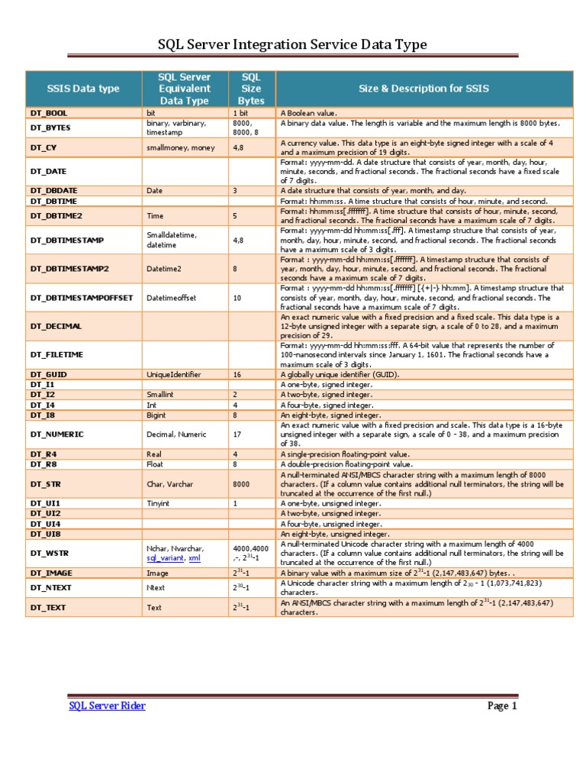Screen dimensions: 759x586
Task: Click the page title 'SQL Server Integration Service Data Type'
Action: click(x=293, y=45)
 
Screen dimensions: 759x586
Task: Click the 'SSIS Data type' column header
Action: click(x=83, y=89)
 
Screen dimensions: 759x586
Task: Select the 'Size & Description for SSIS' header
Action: click(x=423, y=89)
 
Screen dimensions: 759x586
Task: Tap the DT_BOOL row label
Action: click(x=50, y=113)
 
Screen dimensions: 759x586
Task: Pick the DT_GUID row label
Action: click(x=50, y=375)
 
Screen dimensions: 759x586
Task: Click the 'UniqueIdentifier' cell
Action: click(x=175, y=375)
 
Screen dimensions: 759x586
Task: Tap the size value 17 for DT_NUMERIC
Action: click(x=238, y=434)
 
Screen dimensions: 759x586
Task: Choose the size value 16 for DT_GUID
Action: click(x=238, y=375)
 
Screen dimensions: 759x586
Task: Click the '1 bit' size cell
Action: click(x=241, y=113)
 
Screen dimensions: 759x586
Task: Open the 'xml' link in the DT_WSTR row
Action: click(x=195, y=558)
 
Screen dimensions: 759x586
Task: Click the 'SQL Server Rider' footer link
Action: click(x=107, y=706)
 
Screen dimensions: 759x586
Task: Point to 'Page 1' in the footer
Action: click(x=502, y=706)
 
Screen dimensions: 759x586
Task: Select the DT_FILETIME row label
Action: click(x=57, y=354)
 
